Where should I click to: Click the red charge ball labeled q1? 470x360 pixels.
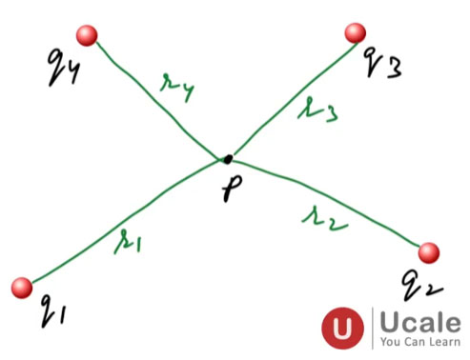(22, 288)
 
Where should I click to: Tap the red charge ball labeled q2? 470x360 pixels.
(429, 251)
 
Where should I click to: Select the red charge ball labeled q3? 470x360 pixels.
(357, 33)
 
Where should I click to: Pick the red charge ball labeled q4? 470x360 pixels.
(89, 36)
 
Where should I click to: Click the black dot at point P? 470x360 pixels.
(227, 159)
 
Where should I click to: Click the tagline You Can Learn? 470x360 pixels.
(419, 341)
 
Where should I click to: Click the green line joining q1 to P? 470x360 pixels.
(124, 224)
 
